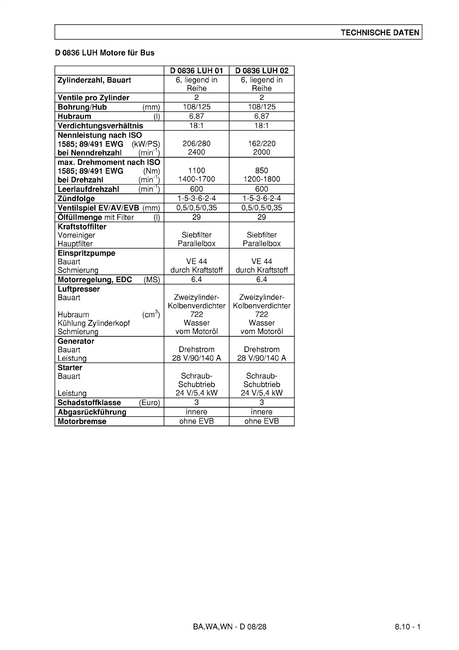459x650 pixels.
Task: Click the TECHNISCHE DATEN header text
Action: pos(380,32)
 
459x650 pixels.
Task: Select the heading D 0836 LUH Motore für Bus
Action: pos(105,53)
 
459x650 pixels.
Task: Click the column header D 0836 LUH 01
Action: pos(196,71)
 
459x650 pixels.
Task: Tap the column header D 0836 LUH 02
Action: pos(262,71)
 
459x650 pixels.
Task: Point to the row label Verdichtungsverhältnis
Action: pos(100,126)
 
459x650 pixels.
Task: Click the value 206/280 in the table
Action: pos(196,144)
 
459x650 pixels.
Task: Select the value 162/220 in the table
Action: pos(262,144)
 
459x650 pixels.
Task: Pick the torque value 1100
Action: pos(196,171)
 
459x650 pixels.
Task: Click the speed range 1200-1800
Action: pos(262,179)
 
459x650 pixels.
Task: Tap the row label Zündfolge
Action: pos(76,199)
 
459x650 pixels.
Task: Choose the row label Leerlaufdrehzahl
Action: pos(88,189)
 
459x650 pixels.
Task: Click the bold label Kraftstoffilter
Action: pos(82,227)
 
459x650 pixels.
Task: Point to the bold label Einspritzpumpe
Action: pos(86,253)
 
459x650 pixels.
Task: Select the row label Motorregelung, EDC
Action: pos(95,279)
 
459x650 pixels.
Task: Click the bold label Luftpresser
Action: pos(79,289)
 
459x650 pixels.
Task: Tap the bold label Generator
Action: pos(76,341)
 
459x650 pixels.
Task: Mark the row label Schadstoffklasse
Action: pos(89,403)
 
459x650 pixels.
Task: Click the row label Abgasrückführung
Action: pos(92,412)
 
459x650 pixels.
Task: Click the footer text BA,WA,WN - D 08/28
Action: pos(229,626)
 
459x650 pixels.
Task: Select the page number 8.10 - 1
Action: pos(407,626)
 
